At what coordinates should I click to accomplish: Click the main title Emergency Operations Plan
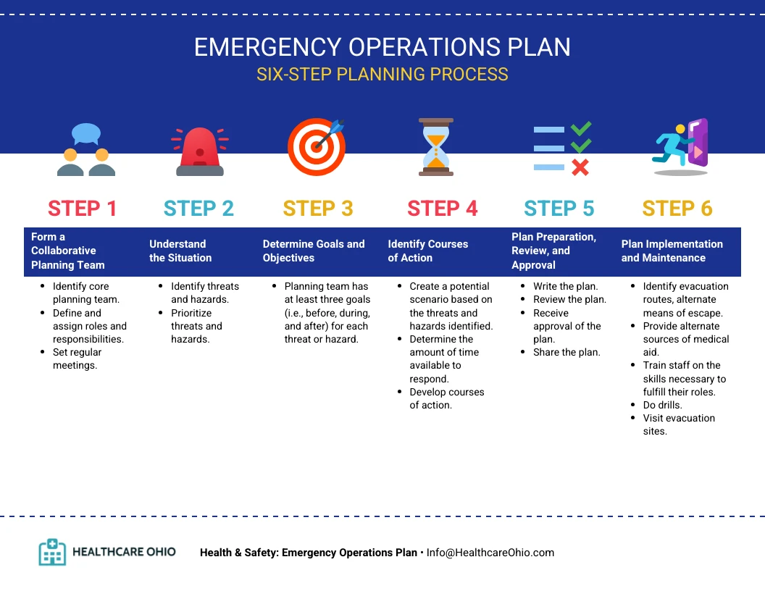click(x=382, y=47)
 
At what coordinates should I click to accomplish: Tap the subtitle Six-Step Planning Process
click(x=382, y=75)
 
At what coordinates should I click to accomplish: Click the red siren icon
click(x=200, y=152)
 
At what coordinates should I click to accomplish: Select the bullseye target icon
click(x=317, y=147)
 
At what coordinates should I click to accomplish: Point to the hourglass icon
click(x=436, y=147)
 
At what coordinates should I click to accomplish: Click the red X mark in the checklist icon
click(x=580, y=168)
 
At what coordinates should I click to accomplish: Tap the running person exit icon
click(x=681, y=147)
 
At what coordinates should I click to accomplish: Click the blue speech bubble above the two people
click(x=86, y=133)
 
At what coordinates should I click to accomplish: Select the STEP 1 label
click(x=82, y=209)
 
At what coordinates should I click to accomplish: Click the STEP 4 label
click(x=442, y=209)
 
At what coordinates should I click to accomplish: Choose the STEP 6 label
click(x=677, y=209)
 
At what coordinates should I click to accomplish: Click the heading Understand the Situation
click(x=180, y=251)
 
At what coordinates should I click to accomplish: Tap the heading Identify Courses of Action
click(x=427, y=251)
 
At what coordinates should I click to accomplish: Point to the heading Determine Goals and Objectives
click(x=314, y=251)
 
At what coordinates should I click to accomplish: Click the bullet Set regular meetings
click(x=77, y=359)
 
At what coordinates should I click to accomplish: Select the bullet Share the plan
click(x=567, y=352)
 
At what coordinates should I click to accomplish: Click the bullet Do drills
click(x=662, y=405)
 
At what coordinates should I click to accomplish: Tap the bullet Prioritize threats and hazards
click(x=196, y=326)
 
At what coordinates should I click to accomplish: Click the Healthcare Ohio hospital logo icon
click(x=52, y=552)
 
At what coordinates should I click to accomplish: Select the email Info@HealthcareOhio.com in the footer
click(x=490, y=553)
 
